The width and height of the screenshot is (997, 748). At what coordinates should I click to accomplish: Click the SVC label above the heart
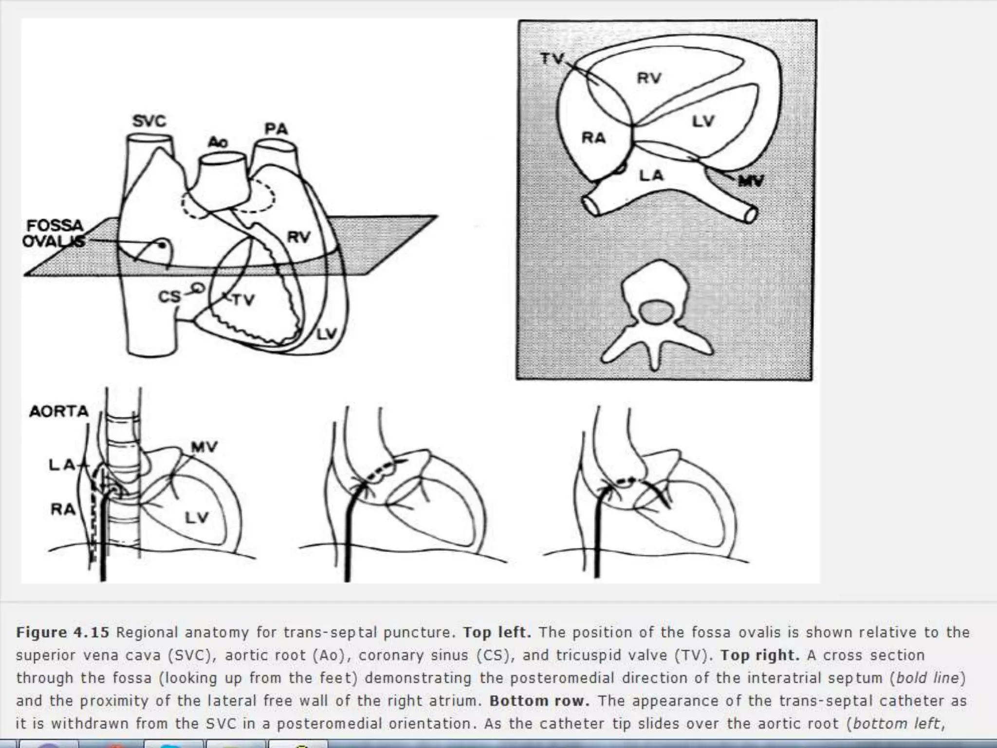[149, 121]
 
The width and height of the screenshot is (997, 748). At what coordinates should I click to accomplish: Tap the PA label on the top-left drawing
[277, 129]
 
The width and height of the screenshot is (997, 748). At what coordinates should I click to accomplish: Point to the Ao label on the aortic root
[218, 142]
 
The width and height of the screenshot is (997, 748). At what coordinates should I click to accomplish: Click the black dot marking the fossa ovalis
[163, 245]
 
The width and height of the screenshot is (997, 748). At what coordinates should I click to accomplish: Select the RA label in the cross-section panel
[594, 138]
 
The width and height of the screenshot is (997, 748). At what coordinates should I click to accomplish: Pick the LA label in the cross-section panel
[651, 175]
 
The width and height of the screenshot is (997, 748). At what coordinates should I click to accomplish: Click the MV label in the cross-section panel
[751, 181]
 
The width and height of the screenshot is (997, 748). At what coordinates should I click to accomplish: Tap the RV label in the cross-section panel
[649, 78]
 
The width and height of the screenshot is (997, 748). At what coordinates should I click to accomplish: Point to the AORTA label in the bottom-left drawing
[59, 411]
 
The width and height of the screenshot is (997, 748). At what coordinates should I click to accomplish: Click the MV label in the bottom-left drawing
[204, 447]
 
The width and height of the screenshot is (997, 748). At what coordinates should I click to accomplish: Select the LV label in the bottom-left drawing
[197, 518]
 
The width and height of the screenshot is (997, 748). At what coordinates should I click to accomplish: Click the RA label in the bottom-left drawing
[63, 509]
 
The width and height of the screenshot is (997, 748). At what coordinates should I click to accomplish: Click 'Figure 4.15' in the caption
[63, 633]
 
